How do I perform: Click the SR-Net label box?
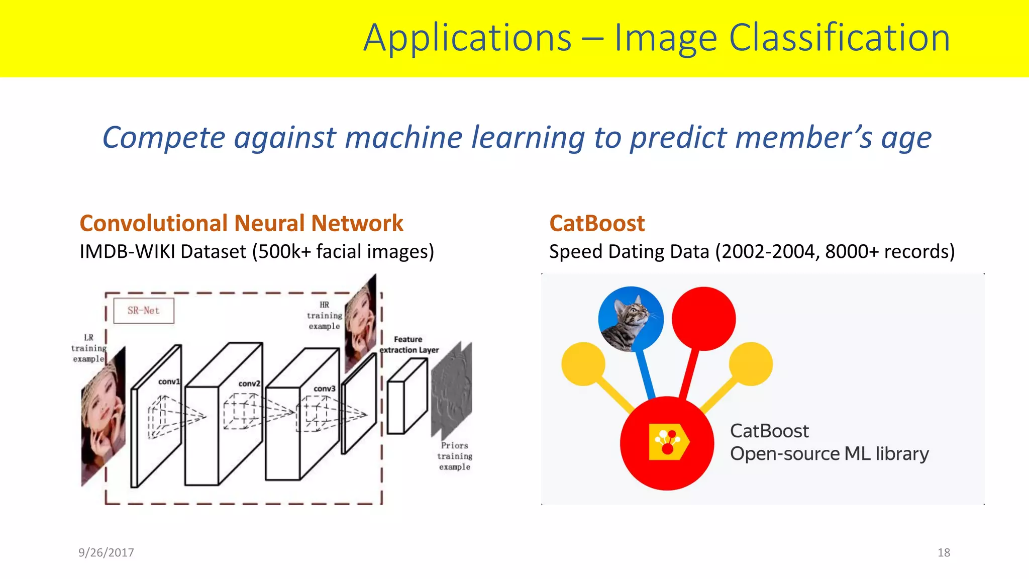point(144,311)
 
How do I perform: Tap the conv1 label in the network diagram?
point(169,381)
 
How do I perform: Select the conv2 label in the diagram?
point(249,383)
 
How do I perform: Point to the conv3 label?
point(324,389)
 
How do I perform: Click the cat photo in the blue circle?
point(631,319)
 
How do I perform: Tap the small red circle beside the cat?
point(703,319)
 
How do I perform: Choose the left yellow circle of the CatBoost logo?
point(583,364)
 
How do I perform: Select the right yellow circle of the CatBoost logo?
point(751,364)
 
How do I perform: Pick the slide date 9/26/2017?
point(106,552)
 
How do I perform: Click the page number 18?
point(944,552)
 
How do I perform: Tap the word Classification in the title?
point(839,38)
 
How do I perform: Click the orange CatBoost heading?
point(596,223)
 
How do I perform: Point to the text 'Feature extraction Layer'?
point(408,345)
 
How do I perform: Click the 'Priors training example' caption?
point(455,456)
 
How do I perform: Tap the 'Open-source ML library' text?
point(829,454)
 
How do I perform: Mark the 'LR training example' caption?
point(88,348)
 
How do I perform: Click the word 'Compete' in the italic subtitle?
point(164,138)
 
